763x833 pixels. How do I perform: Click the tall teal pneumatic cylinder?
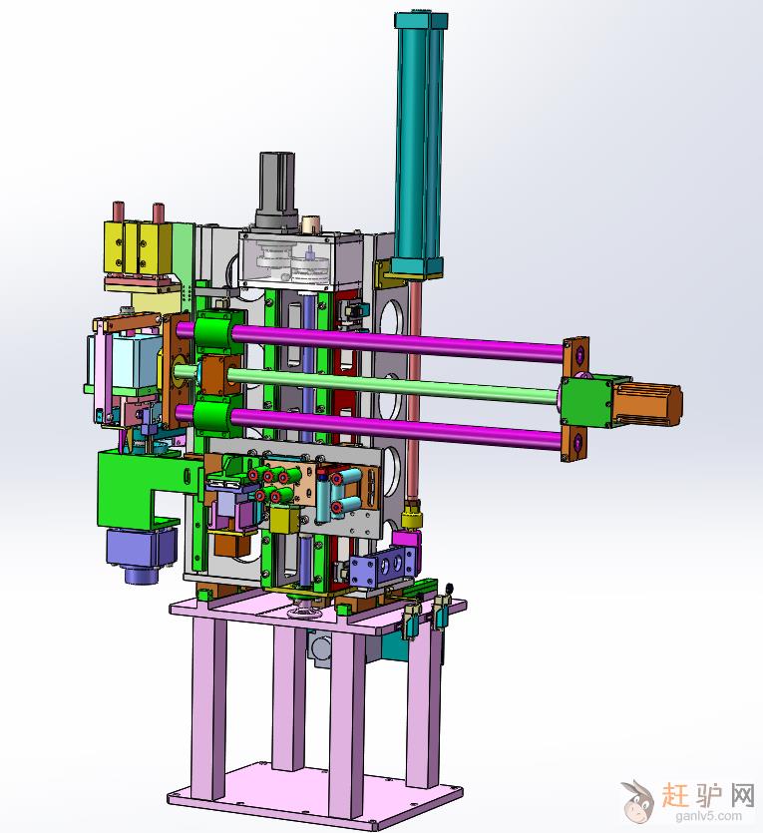(x=421, y=144)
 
